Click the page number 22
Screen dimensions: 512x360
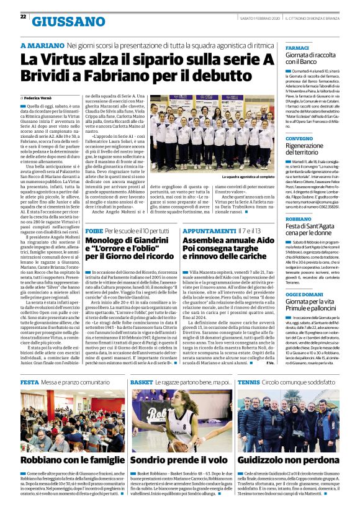23,17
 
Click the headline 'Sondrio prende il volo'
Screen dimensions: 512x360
179,460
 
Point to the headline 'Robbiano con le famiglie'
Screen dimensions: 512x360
72,460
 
